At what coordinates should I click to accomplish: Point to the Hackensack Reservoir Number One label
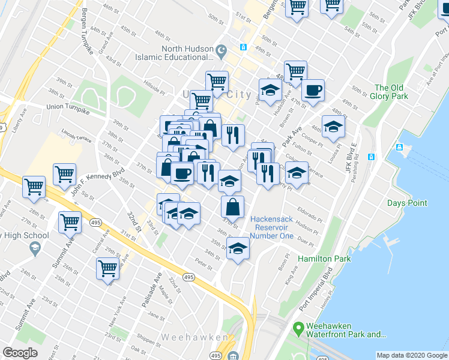point(272,227)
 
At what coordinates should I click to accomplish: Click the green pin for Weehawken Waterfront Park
point(297,328)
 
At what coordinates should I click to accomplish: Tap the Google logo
point(20,353)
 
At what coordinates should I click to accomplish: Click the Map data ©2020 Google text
point(411,355)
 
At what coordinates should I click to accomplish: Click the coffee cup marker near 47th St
point(313,91)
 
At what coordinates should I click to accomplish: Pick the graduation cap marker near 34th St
point(238,248)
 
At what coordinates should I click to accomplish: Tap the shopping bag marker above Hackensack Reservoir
point(232,206)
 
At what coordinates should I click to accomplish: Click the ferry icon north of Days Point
point(399,148)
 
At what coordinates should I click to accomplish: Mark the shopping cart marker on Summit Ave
point(70,223)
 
